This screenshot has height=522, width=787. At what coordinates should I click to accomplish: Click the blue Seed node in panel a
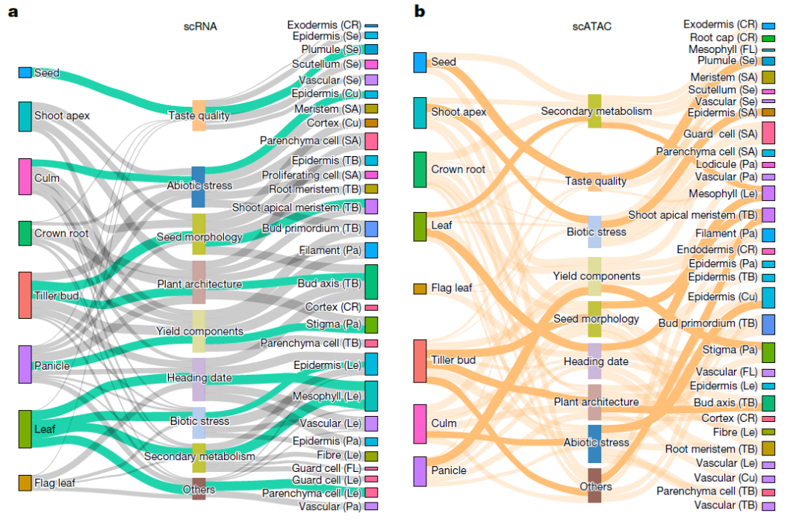[x=25, y=72]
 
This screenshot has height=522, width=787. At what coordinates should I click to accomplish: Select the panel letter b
[x=420, y=11]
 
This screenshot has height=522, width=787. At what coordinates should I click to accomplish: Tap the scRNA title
[x=200, y=27]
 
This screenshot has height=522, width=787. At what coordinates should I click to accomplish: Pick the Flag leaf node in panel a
[x=25, y=482]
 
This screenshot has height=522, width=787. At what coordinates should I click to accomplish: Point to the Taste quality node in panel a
[x=199, y=116]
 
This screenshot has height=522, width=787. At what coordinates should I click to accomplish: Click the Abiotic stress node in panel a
[x=198, y=187]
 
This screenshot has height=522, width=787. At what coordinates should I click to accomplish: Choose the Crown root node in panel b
[x=420, y=170]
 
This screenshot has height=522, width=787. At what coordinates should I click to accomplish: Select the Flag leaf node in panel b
[x=420, y=288]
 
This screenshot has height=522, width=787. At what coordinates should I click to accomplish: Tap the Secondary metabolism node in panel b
[x=594, y=111]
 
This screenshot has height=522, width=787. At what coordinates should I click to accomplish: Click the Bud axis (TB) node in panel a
[x=370, y=282]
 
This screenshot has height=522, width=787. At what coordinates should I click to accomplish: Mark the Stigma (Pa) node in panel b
[x=768, y=352]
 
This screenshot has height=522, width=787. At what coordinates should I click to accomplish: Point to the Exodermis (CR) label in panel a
[x=324, y=25]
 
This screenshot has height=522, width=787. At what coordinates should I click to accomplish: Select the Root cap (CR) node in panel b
[x=768, y=37]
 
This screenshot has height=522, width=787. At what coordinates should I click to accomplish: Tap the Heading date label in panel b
[x=597, y=361]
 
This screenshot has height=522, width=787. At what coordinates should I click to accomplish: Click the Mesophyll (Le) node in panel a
[x=370, y=396]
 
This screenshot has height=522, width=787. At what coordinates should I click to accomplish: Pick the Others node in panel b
[x=594, y=485]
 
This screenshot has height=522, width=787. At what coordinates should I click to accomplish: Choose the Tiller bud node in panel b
[x=420, y=361]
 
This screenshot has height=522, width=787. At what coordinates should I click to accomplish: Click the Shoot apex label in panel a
[x=62, y=116]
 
